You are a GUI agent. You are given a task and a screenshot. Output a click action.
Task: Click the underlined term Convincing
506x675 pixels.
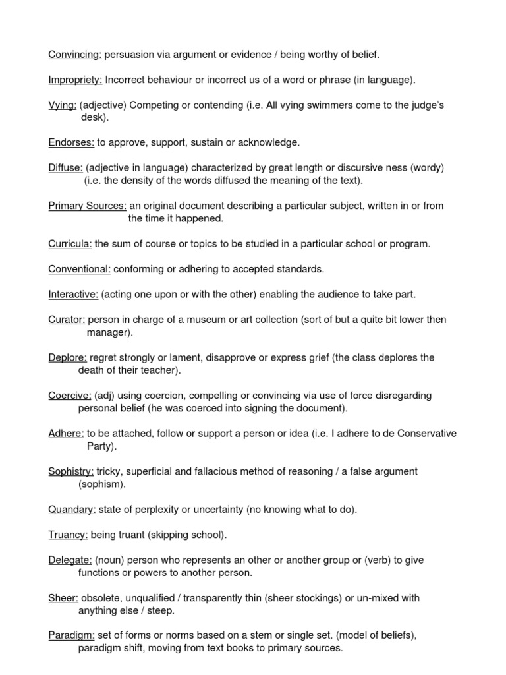[74, 55]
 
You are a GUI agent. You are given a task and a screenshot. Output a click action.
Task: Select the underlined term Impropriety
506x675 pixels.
[75, 80]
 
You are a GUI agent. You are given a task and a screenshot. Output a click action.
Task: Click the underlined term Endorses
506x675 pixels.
[71, 142]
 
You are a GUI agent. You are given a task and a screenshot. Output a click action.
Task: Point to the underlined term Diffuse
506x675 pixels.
[65, 168]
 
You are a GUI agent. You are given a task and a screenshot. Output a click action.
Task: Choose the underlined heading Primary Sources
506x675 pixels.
[87, 206]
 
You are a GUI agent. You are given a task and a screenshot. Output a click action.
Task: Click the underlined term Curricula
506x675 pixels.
[70, 244]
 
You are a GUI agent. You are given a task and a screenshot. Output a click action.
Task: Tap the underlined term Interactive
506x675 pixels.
[73, 295]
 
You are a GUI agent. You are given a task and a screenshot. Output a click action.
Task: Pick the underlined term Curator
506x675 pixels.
[67, 320]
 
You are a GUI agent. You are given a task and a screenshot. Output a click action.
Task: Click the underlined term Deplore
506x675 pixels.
[68, 358]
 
